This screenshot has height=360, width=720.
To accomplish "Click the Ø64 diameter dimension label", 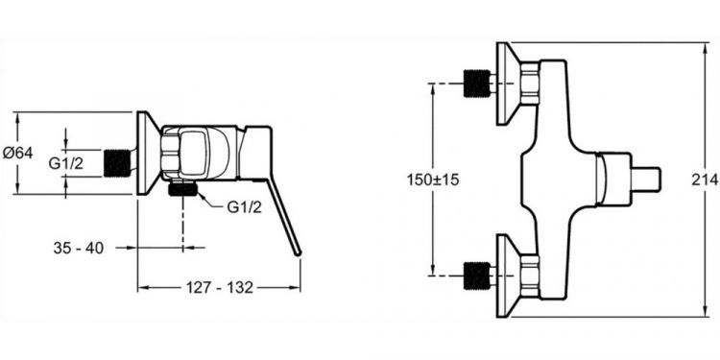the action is click(x=18, y=153).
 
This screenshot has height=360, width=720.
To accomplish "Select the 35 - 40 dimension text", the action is click(x=79, y=249).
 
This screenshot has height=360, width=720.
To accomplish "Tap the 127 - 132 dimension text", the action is click(x=220, y=288).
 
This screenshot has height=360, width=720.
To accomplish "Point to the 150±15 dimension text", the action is click(x=433, y=180).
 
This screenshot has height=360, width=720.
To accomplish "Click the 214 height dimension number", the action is click(x=706, y=180).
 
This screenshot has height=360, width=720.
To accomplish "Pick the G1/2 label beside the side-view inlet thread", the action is click(x=66, y=163).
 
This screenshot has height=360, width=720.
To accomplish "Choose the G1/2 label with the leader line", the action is click(x=244, y=207).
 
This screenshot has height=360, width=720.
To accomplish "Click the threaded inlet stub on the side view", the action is click(x=117, y=163).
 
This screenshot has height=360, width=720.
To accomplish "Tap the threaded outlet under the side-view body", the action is click(x=182, y=189).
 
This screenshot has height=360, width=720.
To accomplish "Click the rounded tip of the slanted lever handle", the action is click(x=298, y=252).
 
